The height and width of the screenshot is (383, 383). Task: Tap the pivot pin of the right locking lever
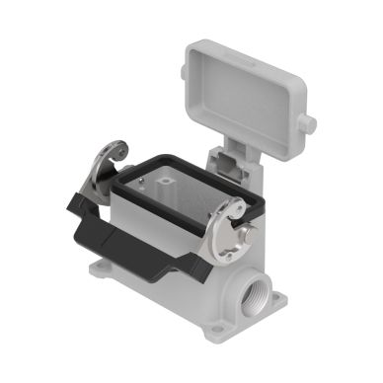click(x=245, y=234)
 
